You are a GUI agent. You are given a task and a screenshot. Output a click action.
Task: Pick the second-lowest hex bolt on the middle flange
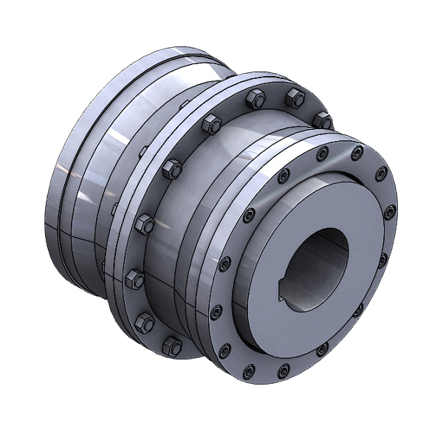[x=145, y=321]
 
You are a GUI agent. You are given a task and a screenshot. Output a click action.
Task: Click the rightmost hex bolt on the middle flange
[x=321, y=120]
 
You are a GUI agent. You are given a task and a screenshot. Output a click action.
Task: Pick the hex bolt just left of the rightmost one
[x=295, y=96]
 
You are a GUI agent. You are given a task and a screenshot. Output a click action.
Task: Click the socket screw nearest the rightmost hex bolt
[x=320, y=155]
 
